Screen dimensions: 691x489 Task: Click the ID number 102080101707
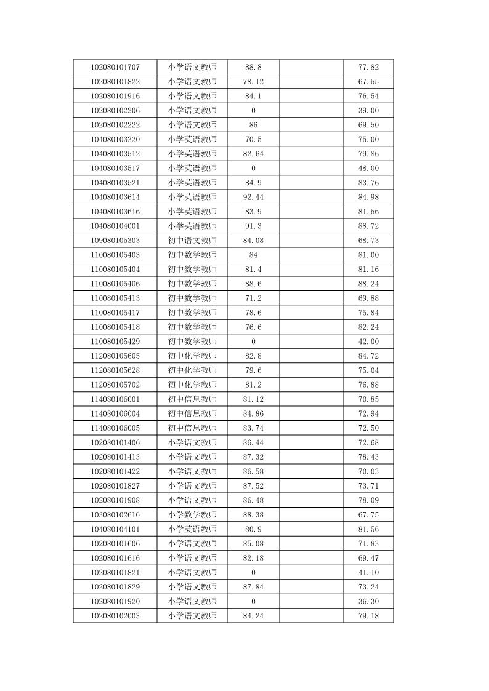(x=115, y=67)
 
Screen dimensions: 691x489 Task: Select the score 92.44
(x=253, y=197)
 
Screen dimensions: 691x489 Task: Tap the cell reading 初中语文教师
(x=192, y=240)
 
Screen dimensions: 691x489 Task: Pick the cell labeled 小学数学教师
(x=192, y=514)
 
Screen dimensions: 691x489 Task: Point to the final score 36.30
(x=368, y=601)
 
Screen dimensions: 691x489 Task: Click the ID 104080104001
(x=115, y=226)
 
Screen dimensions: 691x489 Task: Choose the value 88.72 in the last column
(x=368, y=226)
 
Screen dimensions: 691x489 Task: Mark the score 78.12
(x=253, y=82)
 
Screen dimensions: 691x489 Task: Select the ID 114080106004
(x=115, y=413)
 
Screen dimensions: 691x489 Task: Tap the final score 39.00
(x=368, y=111)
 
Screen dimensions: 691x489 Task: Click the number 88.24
(x=368, y=284)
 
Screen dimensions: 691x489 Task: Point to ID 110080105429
(x=115, y=342)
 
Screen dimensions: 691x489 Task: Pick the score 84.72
(x=368, y=356)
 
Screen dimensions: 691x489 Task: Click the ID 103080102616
(x=115, y=514)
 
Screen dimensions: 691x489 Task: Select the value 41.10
(x=368, y=572)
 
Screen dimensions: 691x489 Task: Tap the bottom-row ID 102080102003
(x=115, y=615)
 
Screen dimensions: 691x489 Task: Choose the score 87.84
(x=253, y=586)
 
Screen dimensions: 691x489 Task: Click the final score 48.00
(x=368, y=168)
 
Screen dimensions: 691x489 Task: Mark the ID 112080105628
(x=115, y=370)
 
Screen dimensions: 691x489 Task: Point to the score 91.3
(x=253, y=226)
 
